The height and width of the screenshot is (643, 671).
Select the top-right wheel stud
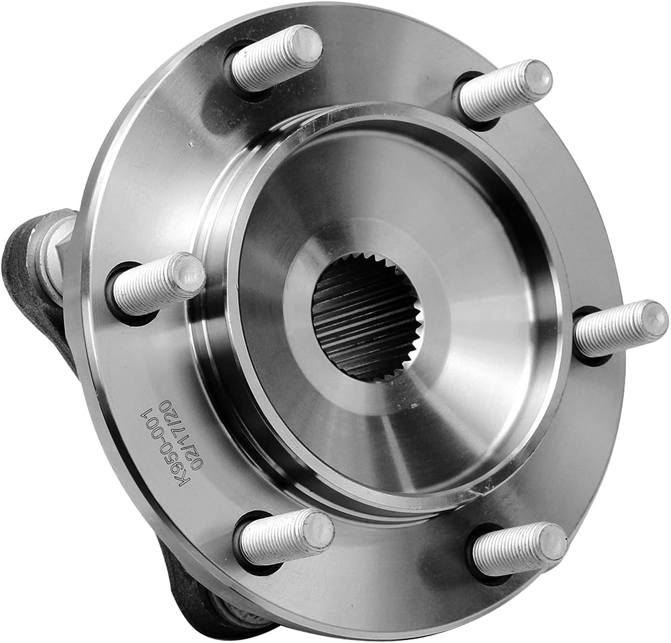502,87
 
